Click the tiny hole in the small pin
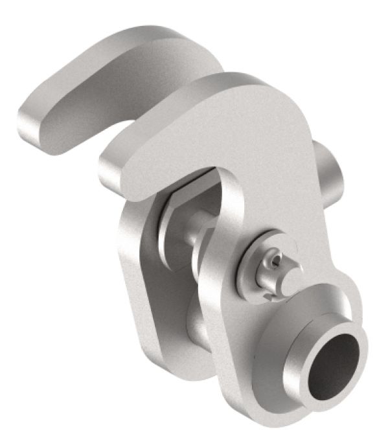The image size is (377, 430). tap(276, 261)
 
